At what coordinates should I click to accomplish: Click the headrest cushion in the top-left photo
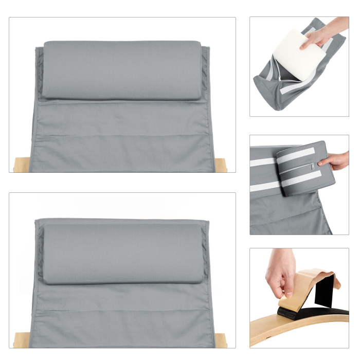(x=121, y=69)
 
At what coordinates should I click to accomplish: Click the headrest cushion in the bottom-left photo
(x=121, y=253)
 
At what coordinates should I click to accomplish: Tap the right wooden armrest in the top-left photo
(x=221, y=165)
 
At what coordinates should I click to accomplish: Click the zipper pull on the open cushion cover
(x=280, y=78)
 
